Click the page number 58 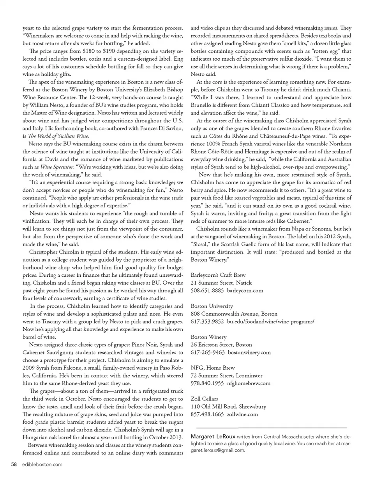click(x=14, y=464)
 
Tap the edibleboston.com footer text click(x=42, y=464)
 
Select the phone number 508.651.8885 click(x=207, y=290)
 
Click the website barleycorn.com click(x=245, y=290)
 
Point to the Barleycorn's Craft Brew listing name click(x=218, y=275)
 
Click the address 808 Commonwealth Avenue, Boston click(x=234, y=314)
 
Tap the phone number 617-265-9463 click(x=208, y=352)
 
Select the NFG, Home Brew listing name click(x=213, y=368)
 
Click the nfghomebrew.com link click(x=249, y=383)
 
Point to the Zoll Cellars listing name click(x=204, y=399)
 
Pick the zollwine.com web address click(x=242, y=414)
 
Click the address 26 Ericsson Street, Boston click(x=221, y=344)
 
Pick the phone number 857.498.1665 click(x=207, y=414)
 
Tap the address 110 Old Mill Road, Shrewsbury click(x=228, y=407)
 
